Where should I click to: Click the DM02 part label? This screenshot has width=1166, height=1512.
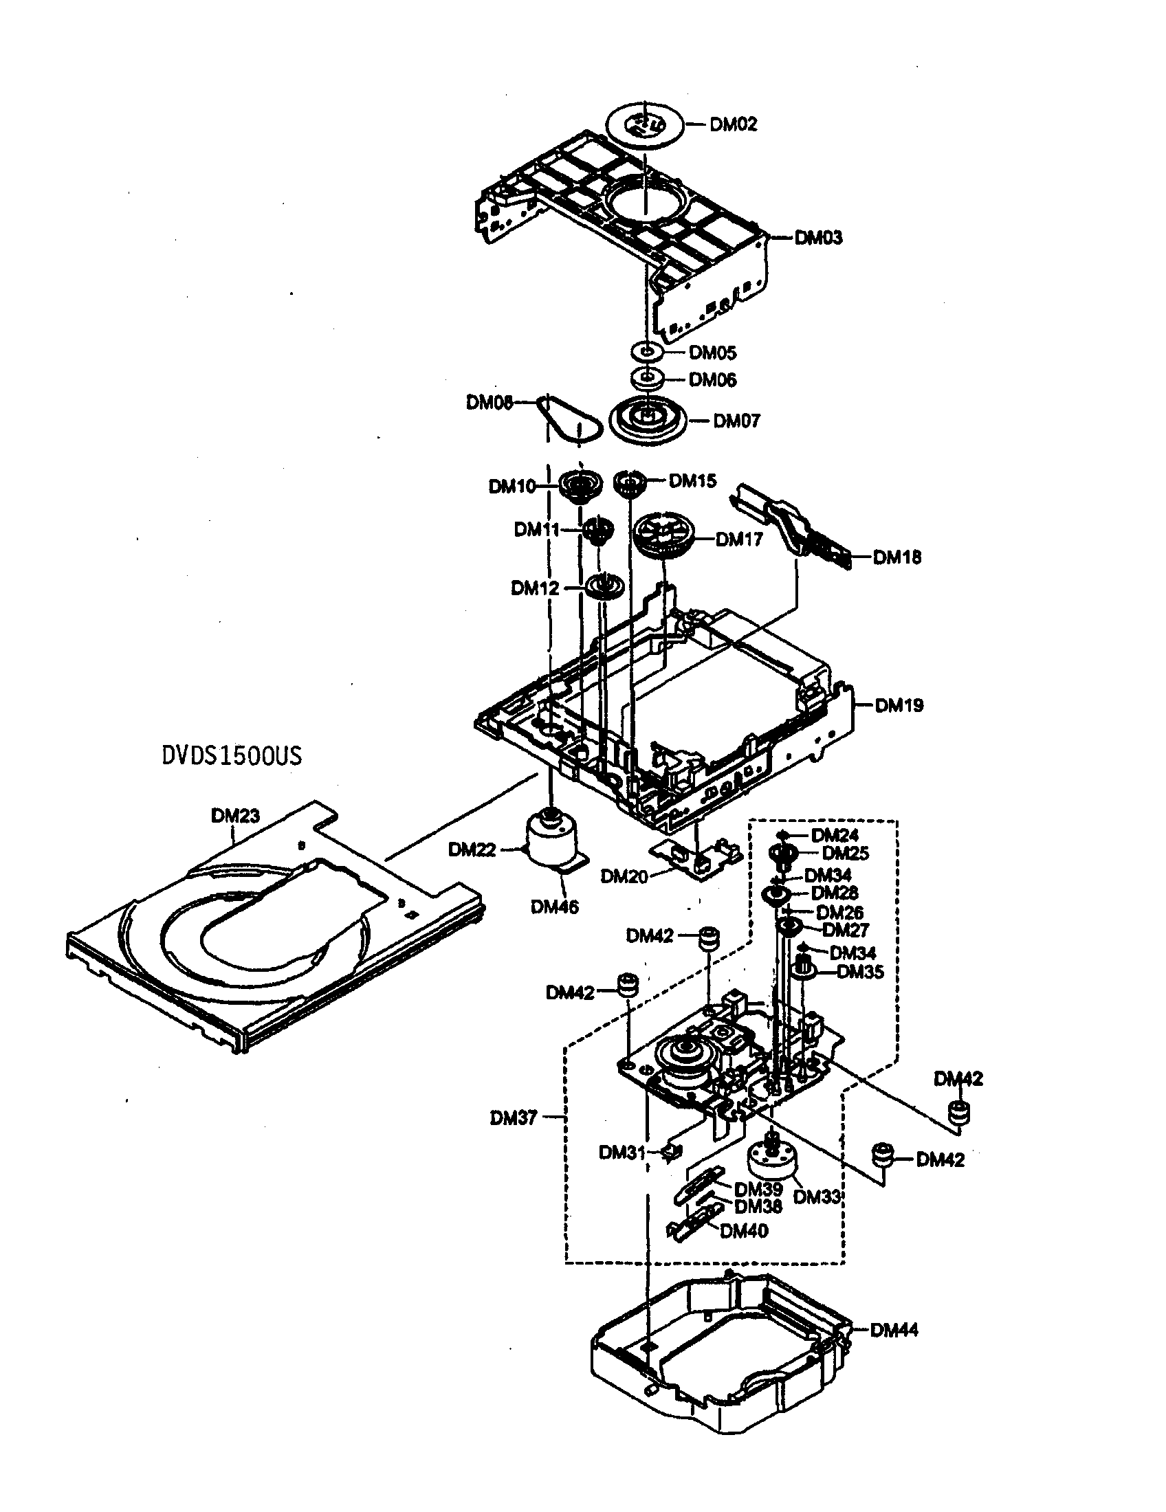click(734, 124)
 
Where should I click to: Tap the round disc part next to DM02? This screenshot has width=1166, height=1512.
click(644, 124)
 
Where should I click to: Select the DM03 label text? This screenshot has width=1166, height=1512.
click(818, 238)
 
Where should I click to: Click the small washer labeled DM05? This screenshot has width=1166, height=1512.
click(647, 352)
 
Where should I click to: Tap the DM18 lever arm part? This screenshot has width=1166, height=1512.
click(789, 526)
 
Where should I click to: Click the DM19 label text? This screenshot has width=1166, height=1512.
click(899, 705)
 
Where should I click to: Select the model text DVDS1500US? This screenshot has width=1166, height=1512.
click(231, 755)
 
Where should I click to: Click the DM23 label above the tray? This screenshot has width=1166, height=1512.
click(234, 816)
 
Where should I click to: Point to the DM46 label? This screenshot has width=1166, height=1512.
click(555, 907)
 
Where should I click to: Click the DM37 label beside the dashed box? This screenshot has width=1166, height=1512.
click(513, 1118)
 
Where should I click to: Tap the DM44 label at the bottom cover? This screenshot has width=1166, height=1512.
click(894, 1330)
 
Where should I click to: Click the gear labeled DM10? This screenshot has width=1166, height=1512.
click(580, 485)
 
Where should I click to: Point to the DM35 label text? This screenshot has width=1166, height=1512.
click(860, 972)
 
